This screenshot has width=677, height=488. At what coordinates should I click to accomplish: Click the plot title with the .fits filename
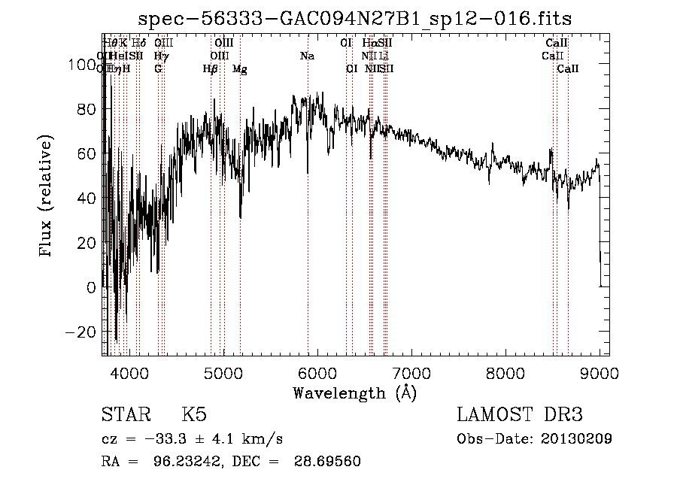coord(360,19)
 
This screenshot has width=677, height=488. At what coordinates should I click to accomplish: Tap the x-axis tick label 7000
coord(411,373)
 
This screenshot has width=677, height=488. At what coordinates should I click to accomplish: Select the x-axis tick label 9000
coord(599,373)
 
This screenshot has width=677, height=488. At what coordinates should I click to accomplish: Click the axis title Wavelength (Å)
coord(354,393)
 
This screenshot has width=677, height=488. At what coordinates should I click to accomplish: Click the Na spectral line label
coord(307,56)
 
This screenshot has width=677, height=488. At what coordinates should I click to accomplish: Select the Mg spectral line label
coord(239,69)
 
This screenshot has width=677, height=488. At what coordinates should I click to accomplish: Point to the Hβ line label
coord(211,69)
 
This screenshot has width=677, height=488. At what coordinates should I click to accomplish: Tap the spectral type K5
coord(194,415)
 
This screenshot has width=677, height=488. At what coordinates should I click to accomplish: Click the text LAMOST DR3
coord(520,415)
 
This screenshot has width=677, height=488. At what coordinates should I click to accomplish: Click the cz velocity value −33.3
coord(166,439)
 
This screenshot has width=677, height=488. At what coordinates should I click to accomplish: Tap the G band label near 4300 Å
coord(158,69)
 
